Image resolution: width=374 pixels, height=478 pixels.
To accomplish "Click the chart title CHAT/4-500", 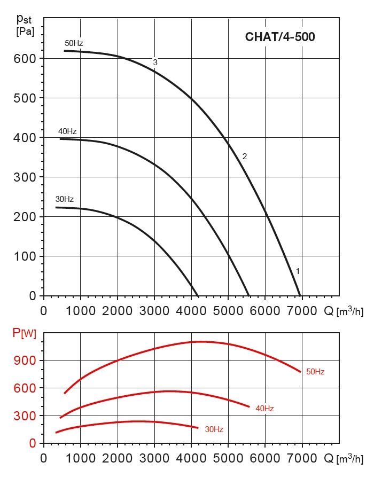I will click(280, 37).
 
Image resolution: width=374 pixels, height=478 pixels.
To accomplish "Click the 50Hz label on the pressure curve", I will click(74, 43).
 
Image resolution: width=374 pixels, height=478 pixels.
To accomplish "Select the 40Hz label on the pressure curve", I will click(67, 131).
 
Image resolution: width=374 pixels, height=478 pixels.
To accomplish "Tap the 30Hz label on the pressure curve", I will click(65, 200).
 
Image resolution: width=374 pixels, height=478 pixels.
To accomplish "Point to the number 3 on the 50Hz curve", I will click(155, 62).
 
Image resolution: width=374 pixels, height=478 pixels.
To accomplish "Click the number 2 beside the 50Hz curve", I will click(244, 156).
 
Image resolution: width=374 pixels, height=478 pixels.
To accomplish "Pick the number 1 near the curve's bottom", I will click(298, 271).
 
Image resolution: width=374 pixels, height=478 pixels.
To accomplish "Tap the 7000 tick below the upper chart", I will click(302, 310).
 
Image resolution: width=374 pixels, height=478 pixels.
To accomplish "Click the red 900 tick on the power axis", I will click(25, 361).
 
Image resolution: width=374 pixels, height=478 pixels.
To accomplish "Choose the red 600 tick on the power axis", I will click(25, 388).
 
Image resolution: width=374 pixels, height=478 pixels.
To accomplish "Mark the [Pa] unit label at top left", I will click(25, 32).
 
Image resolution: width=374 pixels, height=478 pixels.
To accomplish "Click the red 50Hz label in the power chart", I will click(315, 371).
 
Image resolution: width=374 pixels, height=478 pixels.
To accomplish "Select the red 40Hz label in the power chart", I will click(264, 409).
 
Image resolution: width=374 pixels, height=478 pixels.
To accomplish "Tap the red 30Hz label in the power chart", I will click(214, 429).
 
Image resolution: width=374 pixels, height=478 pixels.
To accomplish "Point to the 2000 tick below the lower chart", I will click(118, 458).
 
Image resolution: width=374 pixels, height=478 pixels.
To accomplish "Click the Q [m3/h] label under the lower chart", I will click(344, 458).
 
